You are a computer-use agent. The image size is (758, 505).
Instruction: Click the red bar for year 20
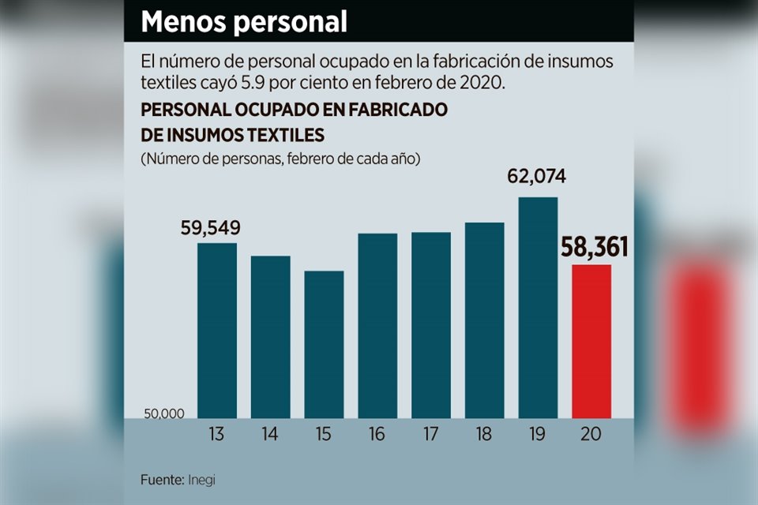[x=591, y=341]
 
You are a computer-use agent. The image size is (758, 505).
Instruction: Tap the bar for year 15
[x=324, y=344]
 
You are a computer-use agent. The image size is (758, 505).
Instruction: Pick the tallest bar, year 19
[x=538, y=307]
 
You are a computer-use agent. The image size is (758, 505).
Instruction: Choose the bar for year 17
[x=431, y=324]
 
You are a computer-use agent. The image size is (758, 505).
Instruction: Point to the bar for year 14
[x=271, y=337]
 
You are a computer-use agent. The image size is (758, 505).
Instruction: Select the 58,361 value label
[x=595, y=248]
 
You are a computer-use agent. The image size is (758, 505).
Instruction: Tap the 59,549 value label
[x=209, y=229]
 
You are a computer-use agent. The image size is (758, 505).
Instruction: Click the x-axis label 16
[x=377, y=434]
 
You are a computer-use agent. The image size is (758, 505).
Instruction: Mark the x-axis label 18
[x=485, y=434]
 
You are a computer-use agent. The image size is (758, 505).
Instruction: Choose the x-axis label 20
[x=591, y=434]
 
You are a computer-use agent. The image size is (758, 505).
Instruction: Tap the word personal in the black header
[x=290, y=22]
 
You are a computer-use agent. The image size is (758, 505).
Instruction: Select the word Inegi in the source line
[x=201, y=479]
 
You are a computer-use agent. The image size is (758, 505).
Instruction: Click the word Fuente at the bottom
[x=162, y=479]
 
